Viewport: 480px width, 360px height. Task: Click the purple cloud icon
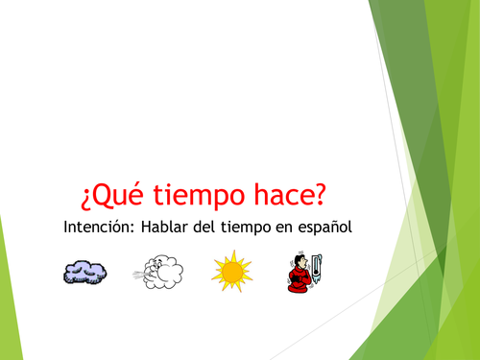point(85,272)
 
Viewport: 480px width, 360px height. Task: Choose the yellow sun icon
point(230,272)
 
